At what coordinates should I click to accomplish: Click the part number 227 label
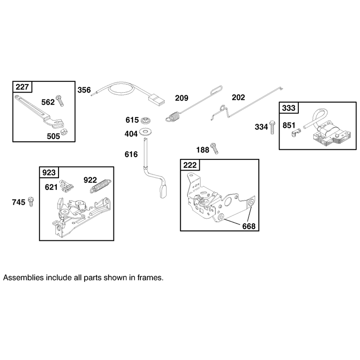pos(22,87)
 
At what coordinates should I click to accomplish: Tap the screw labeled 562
pos(60,100)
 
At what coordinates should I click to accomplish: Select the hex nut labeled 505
pos(64,132)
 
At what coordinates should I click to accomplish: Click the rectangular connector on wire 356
pos(157,99)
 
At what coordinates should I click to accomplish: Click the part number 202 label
pos(238,97)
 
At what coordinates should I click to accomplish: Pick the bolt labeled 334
pos(272,127)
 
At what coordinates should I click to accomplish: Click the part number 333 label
pos(288,108)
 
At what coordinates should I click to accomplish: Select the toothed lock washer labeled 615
pos(145,120)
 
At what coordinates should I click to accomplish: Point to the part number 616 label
pos(131,154)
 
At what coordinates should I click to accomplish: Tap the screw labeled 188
pos(214,148)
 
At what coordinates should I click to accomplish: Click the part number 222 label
pos(190,165)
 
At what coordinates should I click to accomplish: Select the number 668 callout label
pos(249,226)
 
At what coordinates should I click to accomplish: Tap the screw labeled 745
pos(31,202)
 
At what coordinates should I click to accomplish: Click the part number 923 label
pos(49,172)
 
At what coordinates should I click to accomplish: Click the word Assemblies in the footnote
pos(23,278)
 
